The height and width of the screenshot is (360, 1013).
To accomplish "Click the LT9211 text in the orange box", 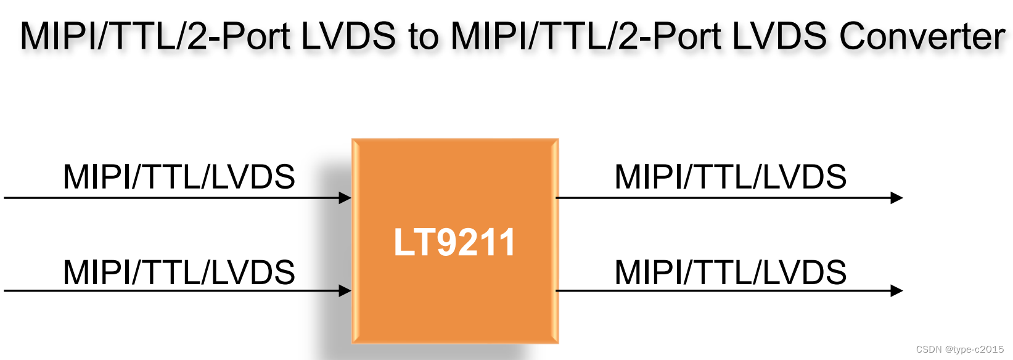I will coord(454,242).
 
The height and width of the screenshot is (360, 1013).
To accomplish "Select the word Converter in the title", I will coord(922,36).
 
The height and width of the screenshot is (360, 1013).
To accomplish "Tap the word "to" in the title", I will coord(423,36).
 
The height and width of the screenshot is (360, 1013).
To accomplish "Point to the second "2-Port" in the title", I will coord(669,36).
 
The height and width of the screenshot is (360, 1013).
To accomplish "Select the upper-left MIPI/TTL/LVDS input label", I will coord(179,177).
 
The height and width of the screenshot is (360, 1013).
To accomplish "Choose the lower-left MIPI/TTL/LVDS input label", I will coord(179,272).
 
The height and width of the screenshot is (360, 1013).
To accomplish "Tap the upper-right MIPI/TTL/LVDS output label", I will coord(731,177).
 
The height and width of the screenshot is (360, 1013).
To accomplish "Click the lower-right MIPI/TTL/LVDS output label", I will coord(731,272).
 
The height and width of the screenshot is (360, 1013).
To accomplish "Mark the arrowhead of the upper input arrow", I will coord(346,198).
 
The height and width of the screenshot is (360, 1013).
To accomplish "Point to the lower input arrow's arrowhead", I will coord(346,290).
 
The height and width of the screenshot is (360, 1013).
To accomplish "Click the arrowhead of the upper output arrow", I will coord(897,198).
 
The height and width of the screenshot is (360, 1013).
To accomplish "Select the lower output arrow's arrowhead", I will coord(897,290).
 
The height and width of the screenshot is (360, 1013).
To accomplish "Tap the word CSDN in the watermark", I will coord(929,350).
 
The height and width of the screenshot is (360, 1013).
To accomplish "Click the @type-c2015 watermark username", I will coord(975,350).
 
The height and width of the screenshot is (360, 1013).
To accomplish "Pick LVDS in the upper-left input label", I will coord(253,177).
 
